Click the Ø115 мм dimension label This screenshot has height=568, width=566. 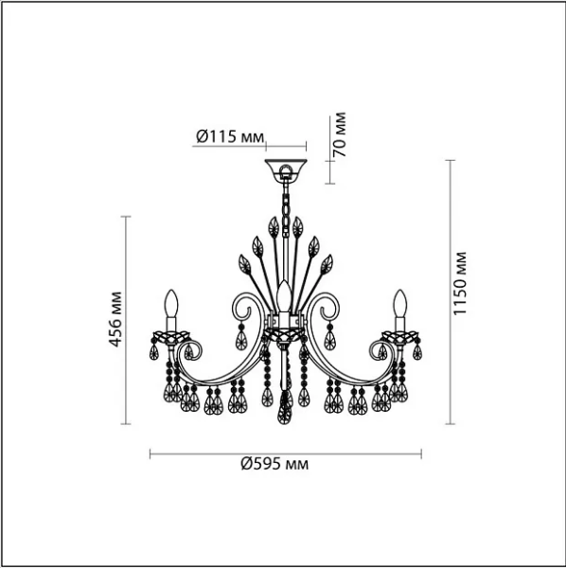point(230,136)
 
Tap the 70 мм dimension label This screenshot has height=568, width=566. point(339,134)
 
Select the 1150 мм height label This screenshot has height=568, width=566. point(460,283)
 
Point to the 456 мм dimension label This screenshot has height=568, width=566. point(115,319)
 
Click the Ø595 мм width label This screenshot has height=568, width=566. point(274,463)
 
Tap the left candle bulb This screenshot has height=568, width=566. point(171,303)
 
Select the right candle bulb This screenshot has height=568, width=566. point(400,303)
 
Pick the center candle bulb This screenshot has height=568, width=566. point(284,295)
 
